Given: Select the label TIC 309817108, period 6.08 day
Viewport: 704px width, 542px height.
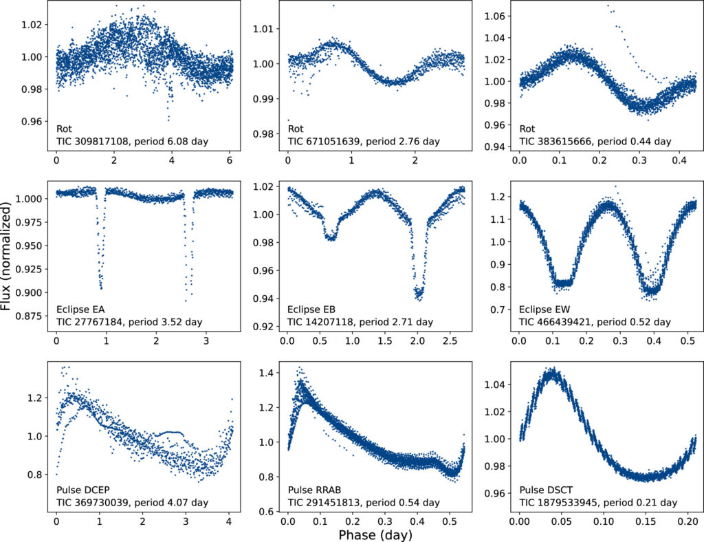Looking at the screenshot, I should pyautogui.click(x=132, y=141).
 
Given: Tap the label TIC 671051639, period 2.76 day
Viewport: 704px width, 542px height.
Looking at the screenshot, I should pyautogui.click(x=363, y=141).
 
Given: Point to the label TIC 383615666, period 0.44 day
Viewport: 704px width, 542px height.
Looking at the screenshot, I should pyautogui.click(x=595, y=141).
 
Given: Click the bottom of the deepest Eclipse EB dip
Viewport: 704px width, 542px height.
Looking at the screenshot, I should pyautogui.click(x=417, y=297).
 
